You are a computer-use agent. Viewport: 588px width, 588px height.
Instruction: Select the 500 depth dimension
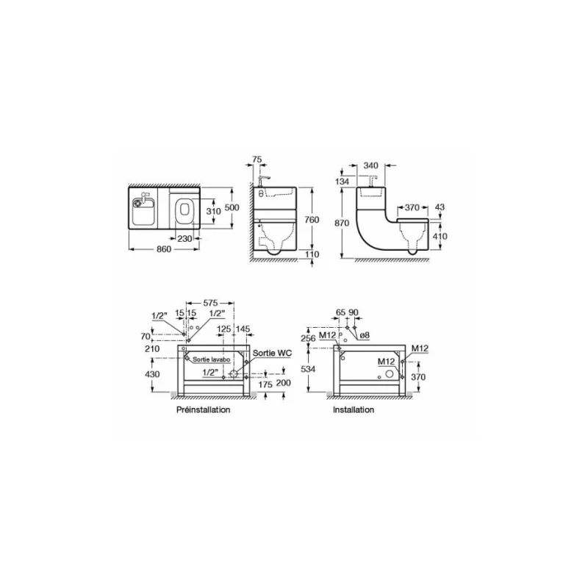click(232, 208)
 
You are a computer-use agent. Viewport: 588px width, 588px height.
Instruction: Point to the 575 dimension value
click(210, 302)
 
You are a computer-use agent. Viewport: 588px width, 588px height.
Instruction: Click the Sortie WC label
click(272, 354)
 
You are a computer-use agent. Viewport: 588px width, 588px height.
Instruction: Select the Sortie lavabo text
click(213, 359)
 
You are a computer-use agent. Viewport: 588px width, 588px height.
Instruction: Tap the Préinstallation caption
click(204, 409)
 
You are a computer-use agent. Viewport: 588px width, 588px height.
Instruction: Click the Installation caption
click(354, 409)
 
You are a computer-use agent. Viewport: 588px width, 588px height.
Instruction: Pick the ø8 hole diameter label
click(365, 336)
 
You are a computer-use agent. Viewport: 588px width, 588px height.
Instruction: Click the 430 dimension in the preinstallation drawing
click(152, 375)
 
